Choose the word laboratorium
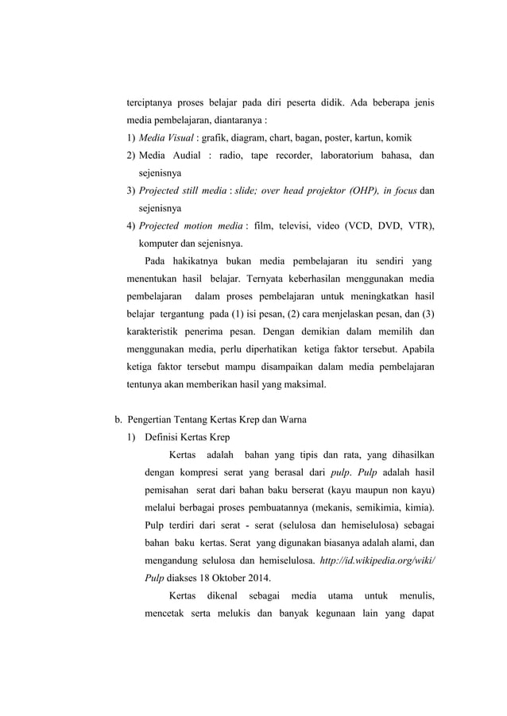coord(331,156)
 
